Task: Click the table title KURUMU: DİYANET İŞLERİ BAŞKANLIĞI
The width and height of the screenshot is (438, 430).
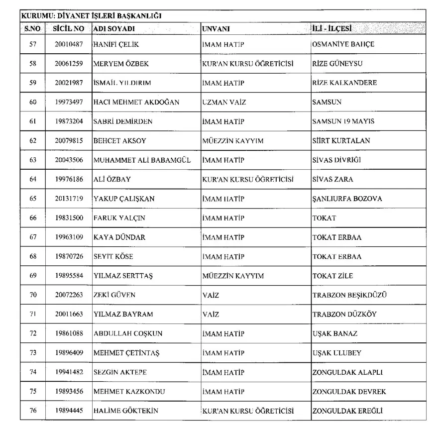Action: point(91,16)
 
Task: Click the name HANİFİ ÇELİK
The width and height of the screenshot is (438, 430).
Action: point(116,44)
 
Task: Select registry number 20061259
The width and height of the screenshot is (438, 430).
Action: point(69,64)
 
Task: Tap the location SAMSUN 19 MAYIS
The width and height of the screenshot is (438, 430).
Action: point(343,121)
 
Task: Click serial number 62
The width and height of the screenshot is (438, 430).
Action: point(33,141)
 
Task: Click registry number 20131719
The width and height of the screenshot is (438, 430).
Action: point(69,199)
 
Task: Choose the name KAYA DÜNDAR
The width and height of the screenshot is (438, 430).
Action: point(119,237)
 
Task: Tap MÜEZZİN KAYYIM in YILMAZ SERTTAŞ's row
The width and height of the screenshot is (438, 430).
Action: point(233,276)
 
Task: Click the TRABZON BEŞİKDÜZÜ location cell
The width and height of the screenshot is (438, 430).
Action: point(349,295)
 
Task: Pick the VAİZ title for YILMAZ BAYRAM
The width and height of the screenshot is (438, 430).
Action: point(211,315)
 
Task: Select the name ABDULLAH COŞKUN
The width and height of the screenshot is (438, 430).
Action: point(128,333)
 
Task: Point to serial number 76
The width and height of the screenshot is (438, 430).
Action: point(33,411)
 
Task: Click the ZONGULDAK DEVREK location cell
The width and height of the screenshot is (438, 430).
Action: point(349,392)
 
